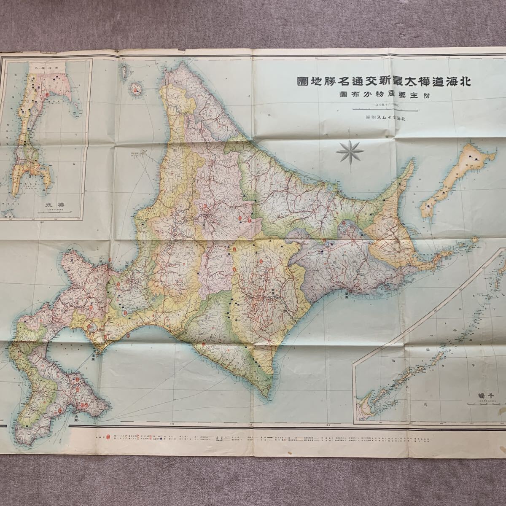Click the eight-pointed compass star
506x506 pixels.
click(x=348, y=151)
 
